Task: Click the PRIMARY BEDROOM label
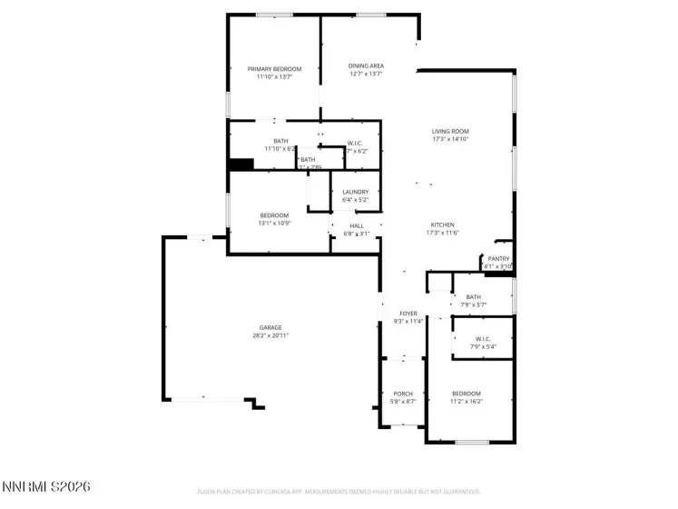click(x=274, y=68)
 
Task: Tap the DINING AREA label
click(x=366, y=65)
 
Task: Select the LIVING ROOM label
click(x=449, y=131)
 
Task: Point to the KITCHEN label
click(x=442, y=225)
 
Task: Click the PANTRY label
click(x=498, y=258)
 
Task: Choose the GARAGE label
click(x=270, y=327)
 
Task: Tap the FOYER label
click(x=408, y=313)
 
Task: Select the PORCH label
click(x=403, y=394)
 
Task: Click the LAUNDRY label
click(x=355, y=192)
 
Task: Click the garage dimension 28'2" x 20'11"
click(x=270, y=335)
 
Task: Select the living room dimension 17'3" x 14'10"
click(x=449, y=139)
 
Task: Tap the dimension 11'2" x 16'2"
click(x=467, y=401)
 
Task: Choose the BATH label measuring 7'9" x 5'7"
click(x=473, y=296)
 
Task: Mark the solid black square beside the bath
click(x=241, y=165)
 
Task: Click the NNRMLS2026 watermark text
click(x=45, y=488)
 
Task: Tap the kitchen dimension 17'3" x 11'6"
click(x=442, y=233)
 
